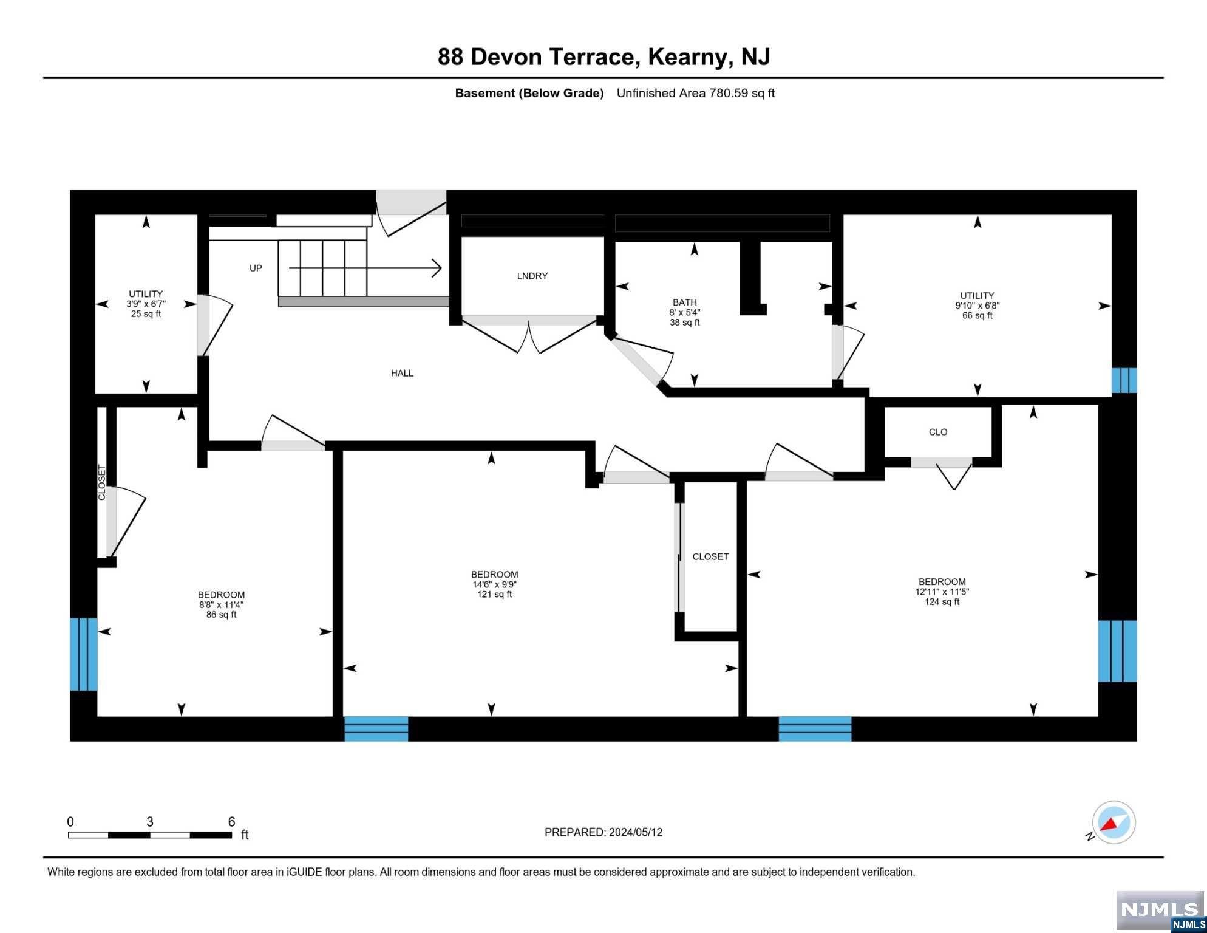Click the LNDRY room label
pyautogui.click(x=532, y=276)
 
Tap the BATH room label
pyautogui.click(x=684, y=302)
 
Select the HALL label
pyautogui.click(x=402, y=373)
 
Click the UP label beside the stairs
pyautogui.click(x=256, y=268)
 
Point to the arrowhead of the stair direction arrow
pyautogui.click(x=437, y=268)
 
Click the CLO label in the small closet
pyautogui.click(x=938, y=432)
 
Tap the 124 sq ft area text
pyautogui.click(x=942, y=601)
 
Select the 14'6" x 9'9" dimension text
pyautogui.click(x=494, y=584)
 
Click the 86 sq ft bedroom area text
pyautogui.click(x=221, y=615)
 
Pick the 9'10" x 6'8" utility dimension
pyautogui.click(x=977, y=306)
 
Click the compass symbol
pyautogui.click(x=1113, y=822)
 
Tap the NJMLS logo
pyautogui.click(x=1160, y=911)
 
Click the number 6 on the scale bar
pyautogui.click(x=231, y=822)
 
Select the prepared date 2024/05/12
pyautogui.click(x=633, y=832)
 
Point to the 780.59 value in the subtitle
pyautogui.click(x=728, y=93)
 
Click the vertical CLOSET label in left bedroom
pyautogui.click(x=102, y=483)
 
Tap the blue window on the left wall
pyautogui.click(x=84, y=654)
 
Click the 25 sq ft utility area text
pyautogui.click(x=146, y=314)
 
